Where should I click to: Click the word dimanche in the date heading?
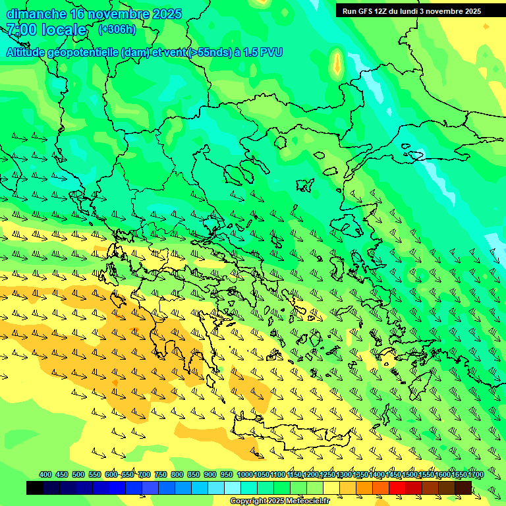pyautogui.click(x=36, y=14)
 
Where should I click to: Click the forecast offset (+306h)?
pyautogui.click(x=117, y=30)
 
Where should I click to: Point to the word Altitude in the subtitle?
pyautogui.click(x=28, y=52)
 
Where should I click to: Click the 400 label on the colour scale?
pyautogui.click(x=45, y=474)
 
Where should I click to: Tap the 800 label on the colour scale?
pyautogui.click(x=177, y=474)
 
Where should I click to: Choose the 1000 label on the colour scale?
pyautogui.click(x=244, y=474)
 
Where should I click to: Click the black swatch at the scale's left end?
pyautogui.click(x=35, y=488)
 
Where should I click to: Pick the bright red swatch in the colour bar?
pyautogui.click(x=397, y=488)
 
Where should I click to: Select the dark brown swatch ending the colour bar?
pyautogui.click(x=463, y=488)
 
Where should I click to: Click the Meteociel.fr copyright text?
pyautogui.click(x=280, y=501)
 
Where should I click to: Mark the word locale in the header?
pyautogui.click(x=65, y=30)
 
